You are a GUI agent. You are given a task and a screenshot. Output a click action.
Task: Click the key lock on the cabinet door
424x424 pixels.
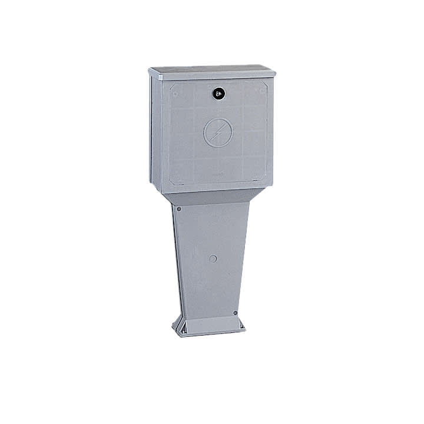coord(218,92)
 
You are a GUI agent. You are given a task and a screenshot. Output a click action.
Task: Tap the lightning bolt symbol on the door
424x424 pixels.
coord(218,132)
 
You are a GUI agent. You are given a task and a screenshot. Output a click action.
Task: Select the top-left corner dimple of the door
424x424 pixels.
coord(175,92)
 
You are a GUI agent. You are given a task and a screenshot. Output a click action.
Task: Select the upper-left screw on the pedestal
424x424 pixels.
coord(179,208)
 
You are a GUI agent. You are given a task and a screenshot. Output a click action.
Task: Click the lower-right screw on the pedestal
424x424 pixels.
coord(235,313)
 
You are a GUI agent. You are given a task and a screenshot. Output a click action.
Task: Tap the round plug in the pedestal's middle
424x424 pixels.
coord(213,259)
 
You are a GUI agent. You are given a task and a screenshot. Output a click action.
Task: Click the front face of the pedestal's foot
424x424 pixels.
coord(211,327)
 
